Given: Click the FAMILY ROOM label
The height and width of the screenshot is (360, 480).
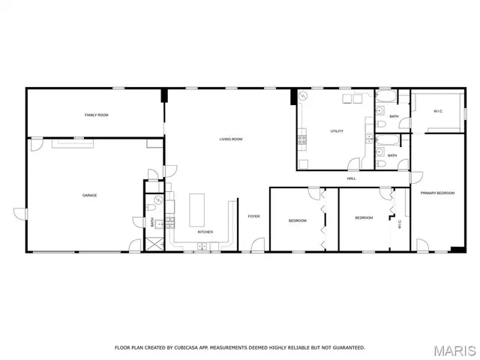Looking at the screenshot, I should click(x=96, y=115).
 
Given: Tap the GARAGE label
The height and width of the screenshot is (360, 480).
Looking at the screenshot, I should click(x=89, y=196).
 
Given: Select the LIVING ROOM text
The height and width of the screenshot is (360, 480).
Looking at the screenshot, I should click(x=230, y=139).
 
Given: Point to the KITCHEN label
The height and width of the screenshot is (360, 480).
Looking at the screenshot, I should click(x=205, y=232).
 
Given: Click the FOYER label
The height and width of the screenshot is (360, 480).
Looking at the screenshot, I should click(x=254, y=216).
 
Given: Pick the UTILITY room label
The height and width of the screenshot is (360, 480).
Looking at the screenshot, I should click(x=337, y=131).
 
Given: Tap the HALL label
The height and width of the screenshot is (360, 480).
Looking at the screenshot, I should click(x=351, y=178).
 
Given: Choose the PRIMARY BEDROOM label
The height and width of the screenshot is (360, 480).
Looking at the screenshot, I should click(x=437, y=193).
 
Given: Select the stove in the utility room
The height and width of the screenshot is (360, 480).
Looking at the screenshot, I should click(x=302, y=139).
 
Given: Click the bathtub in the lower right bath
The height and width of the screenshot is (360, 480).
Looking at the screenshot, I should click(x=387, y=140).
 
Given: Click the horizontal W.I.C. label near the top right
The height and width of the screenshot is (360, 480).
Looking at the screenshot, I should click(x=438, y=112).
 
